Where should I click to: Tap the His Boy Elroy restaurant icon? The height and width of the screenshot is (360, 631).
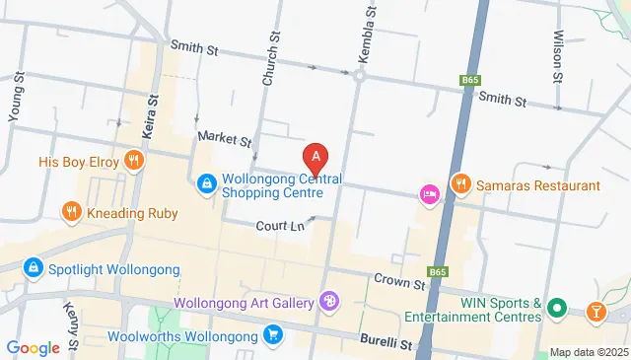133,160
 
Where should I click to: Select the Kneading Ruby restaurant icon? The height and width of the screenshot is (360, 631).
71,211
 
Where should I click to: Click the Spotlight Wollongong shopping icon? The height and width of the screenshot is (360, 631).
33,268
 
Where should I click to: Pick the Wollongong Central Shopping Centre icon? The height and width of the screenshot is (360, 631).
207,183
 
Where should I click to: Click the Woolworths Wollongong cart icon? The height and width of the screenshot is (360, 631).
273,336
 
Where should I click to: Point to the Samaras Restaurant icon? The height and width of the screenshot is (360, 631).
459,183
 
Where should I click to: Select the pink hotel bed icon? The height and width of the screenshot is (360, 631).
429,194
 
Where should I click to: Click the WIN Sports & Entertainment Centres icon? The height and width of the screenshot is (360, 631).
556,310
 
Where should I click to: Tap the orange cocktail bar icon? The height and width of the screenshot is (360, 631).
596,312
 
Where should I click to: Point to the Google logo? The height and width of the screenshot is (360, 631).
34,347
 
